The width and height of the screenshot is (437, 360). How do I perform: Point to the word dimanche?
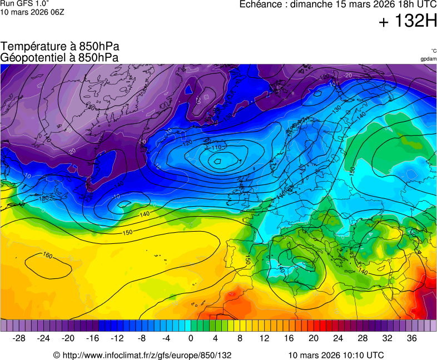click(x=312, y=4)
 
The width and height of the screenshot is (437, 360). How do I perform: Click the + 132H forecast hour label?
click(x=408, y=22)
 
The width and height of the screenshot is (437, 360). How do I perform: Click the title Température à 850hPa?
click(x=59, y=47)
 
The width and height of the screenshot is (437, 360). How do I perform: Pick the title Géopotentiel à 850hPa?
click(x=59, y=57)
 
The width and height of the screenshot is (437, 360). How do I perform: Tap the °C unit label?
click(x=433, y=51)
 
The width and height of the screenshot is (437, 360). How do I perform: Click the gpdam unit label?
click(x=428, y=58)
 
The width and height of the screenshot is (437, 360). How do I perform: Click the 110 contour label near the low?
click(x=216, y=148)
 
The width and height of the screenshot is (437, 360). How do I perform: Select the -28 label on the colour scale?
click(x=19, y=338)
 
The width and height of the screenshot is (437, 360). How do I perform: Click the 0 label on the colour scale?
click(x=191, y=338)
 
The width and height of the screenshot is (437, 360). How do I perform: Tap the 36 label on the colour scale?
click(x=411, y=338)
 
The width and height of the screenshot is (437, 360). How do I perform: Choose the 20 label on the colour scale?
click(x=313, y=338)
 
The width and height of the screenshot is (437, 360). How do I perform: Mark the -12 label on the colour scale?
click(x=117, y=338)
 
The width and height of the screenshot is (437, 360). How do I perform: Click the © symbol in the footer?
click(x=56, y=355)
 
